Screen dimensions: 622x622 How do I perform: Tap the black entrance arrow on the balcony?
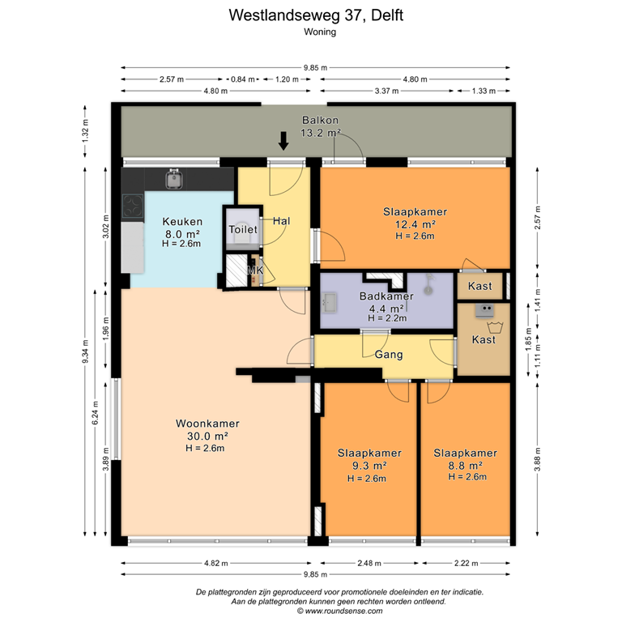[283, 142]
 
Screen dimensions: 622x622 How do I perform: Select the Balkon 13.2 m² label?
[321, 126]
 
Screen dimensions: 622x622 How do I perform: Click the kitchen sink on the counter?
[173, 178]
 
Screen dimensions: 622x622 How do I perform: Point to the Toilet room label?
[243, 230]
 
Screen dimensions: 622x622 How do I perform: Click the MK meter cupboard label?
[254, 271]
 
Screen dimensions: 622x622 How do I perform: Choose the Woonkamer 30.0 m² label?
[207, 436]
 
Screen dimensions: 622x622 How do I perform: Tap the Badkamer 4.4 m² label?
[386, 302]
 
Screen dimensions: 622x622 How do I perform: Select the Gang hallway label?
[389, 355]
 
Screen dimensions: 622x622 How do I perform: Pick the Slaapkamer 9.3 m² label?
[369, 466]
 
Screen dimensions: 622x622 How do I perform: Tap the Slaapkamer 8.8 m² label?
[465, 465]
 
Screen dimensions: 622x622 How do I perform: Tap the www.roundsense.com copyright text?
[322, 611]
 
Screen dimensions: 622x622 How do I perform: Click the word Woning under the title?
[320, 32]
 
